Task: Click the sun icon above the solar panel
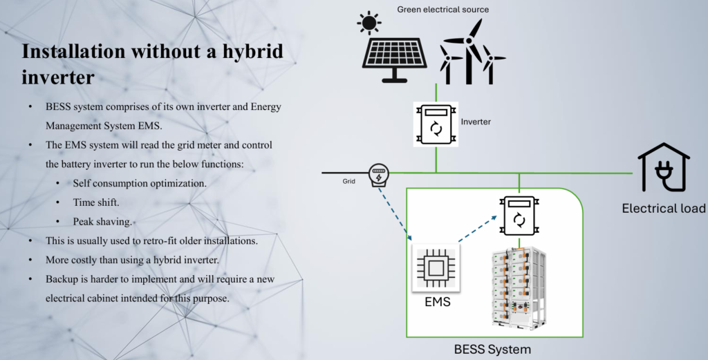369,23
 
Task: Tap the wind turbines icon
472,51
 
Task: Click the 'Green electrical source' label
442,10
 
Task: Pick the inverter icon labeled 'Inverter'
436,124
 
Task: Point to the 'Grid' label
348,181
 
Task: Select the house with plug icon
664,167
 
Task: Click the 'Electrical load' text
663,209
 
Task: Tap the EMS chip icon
436,268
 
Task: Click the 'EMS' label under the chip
438,302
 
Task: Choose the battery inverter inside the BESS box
519,216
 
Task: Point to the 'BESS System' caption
492,349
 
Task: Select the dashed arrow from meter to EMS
395,214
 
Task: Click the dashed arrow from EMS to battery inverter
478,229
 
